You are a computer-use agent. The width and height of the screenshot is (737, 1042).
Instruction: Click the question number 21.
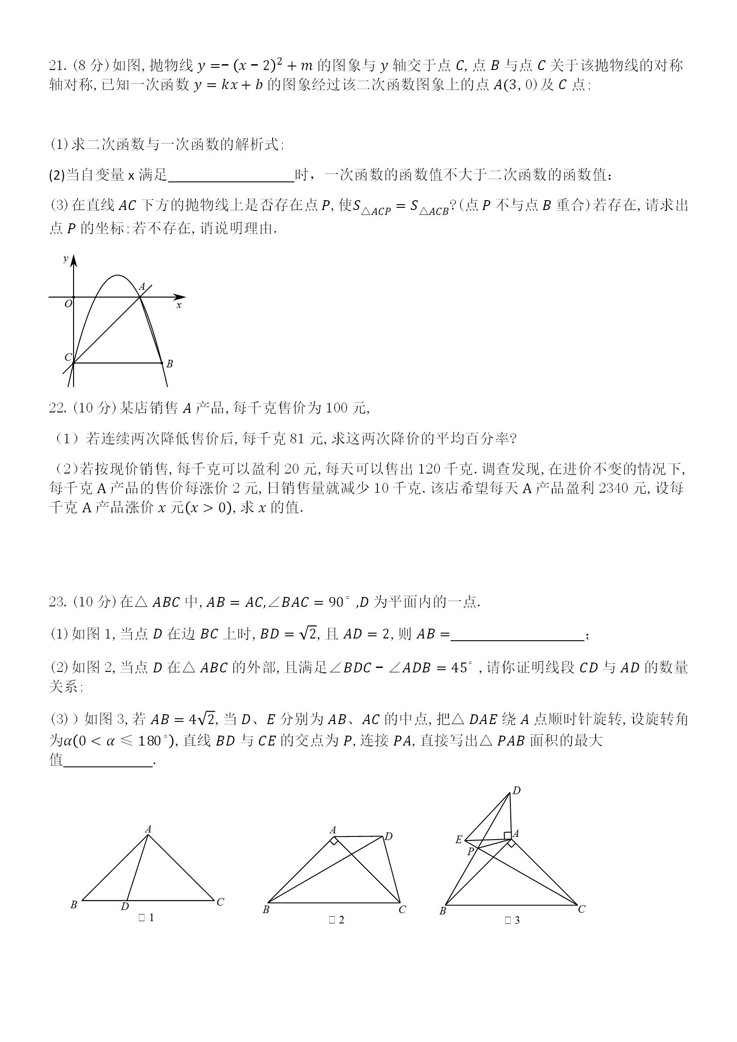point(57,66)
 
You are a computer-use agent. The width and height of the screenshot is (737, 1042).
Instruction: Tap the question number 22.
point(57,408)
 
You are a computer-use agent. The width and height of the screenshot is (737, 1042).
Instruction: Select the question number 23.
point(57,602)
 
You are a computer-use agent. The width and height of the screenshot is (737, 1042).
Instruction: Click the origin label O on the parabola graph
point(68,304)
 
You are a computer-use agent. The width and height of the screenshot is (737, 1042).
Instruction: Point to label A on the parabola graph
point(142,287)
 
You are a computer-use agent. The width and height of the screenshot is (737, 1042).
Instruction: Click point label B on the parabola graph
point(170,364)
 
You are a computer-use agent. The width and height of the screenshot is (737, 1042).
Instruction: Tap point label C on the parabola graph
point(68,357)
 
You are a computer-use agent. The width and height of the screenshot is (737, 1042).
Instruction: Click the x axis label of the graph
point(179,305)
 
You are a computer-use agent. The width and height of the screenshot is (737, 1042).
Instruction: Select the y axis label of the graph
point(66,258)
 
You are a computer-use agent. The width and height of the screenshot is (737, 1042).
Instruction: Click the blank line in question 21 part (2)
point(231,176)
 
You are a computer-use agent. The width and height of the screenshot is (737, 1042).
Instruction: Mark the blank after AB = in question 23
point(517,634)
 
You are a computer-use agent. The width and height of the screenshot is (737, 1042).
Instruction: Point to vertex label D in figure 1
point(125,906)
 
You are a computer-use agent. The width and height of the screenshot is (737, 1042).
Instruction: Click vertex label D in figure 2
point(389,836)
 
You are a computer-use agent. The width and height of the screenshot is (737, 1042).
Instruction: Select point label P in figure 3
point(471,852)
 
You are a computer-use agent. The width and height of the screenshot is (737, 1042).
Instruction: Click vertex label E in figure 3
point(459,840)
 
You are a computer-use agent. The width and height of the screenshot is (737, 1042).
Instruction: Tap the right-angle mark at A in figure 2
point(334,841)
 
